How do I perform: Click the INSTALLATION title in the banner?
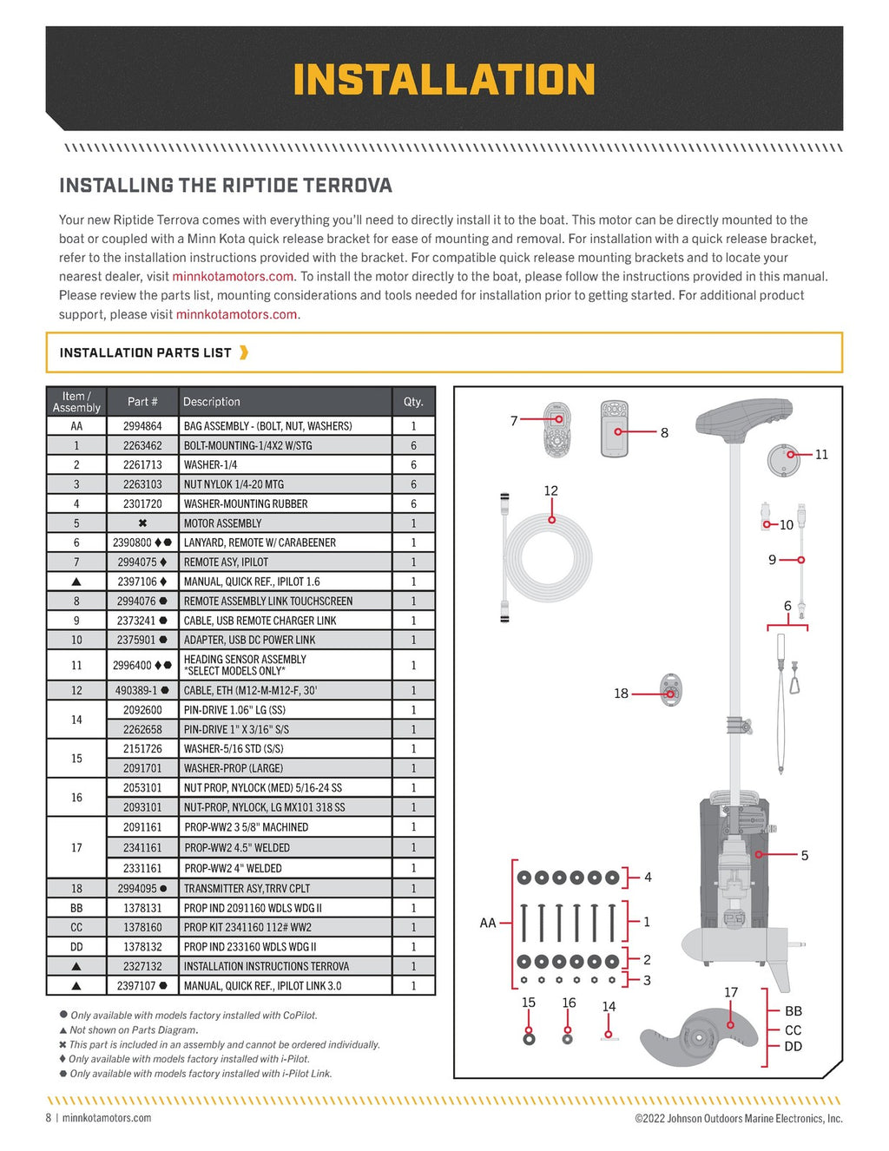point(444,80)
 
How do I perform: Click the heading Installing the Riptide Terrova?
point(226,185)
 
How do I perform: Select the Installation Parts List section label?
point(146,352)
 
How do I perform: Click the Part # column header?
point(142,402)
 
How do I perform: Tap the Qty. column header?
point(413,402)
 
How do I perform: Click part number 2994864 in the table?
point(142,426)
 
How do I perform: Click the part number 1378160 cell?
point(142,927)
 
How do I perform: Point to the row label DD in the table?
point(76,947)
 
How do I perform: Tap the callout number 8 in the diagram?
point(664,432)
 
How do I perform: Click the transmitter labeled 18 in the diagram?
point(670,691)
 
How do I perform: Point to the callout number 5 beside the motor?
point(804,855)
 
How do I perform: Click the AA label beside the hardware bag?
point(488,923)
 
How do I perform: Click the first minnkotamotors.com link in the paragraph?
point(233,276)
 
